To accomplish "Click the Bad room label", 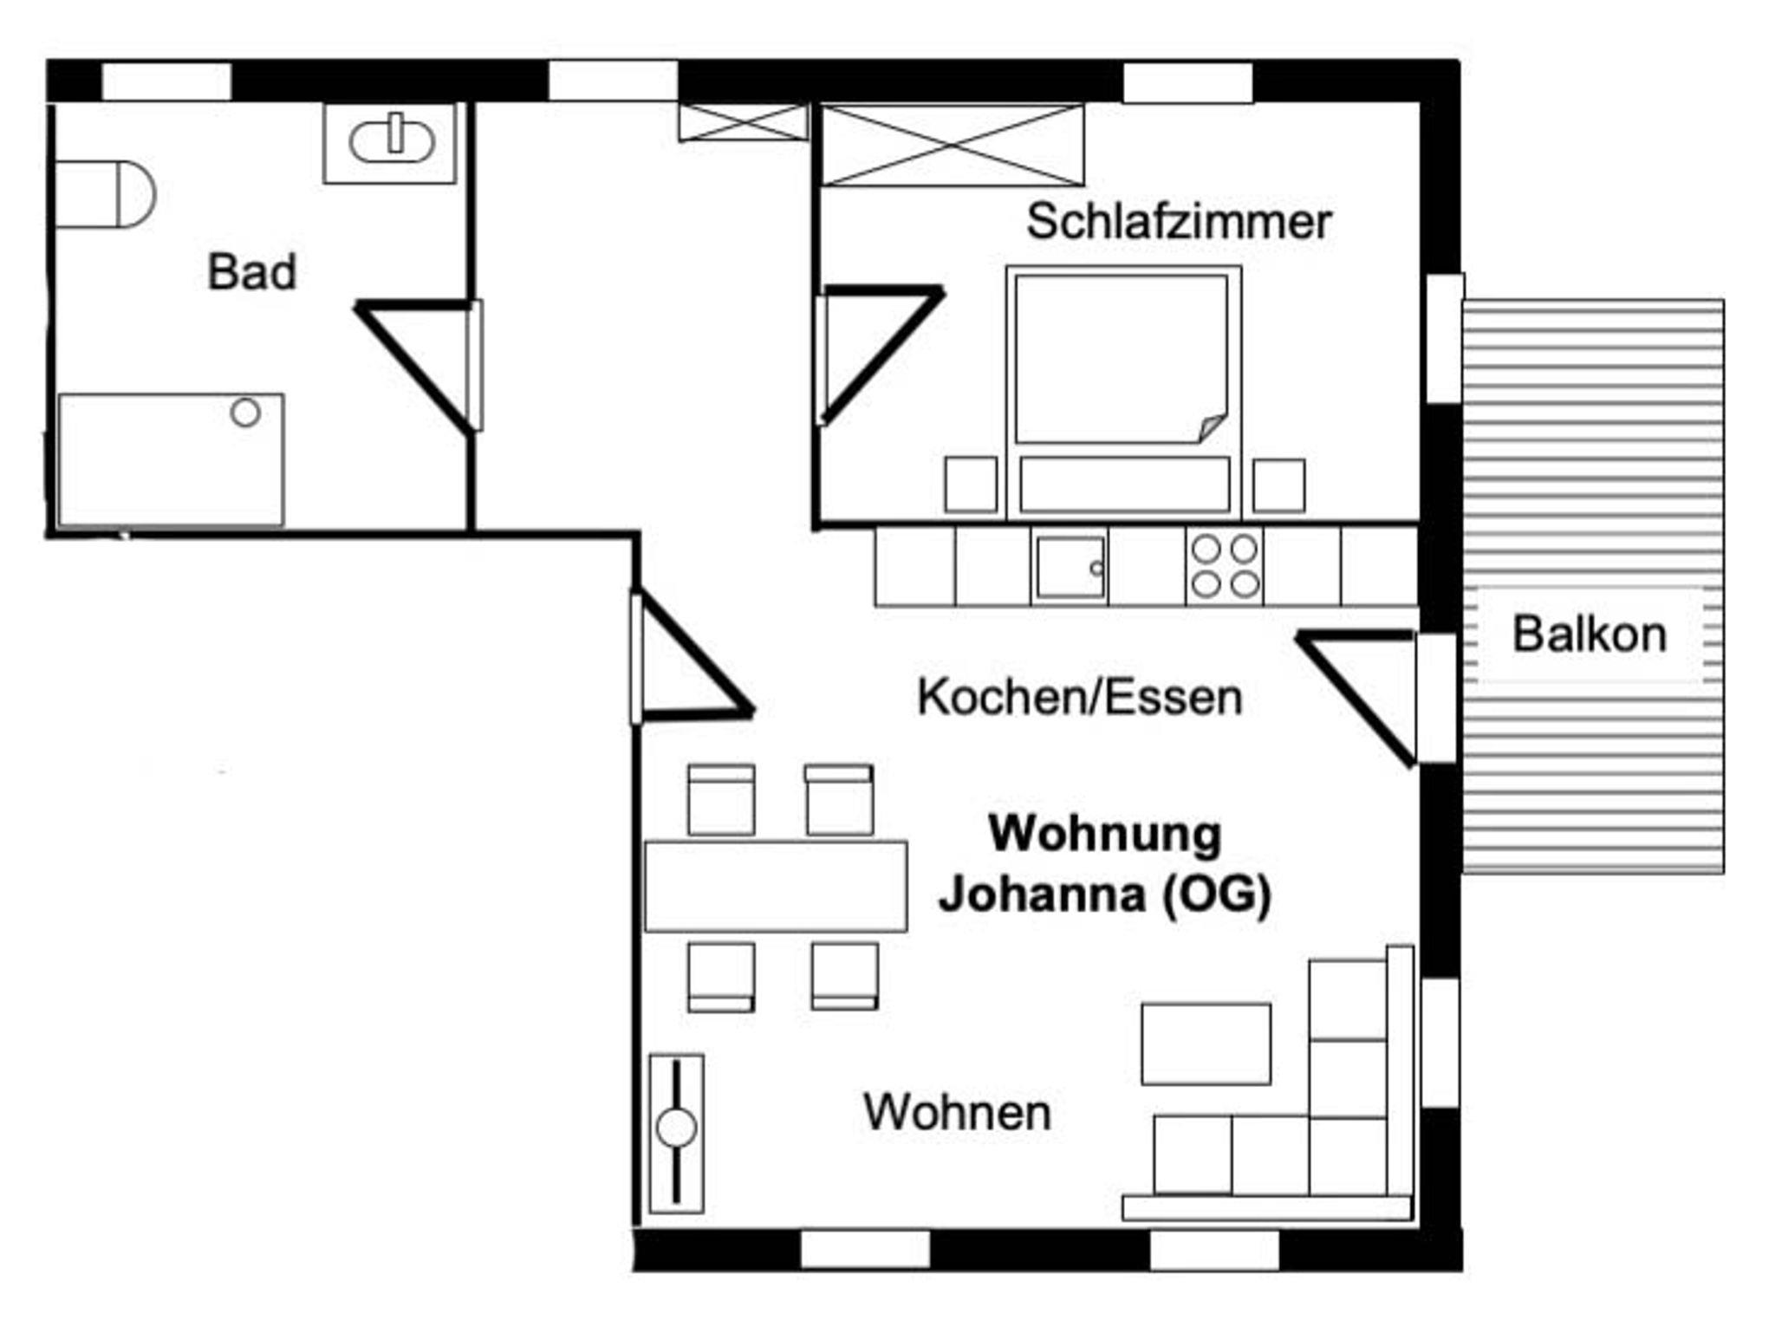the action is [x=251, y=271].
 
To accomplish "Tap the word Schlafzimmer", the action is [x=1179, y=222].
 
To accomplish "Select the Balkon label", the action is [x=1590, y=634].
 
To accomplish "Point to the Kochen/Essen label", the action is [x=1080, y=698].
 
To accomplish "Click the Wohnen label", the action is [x=957, y=1112].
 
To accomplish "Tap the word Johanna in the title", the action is [x=1042, y=894].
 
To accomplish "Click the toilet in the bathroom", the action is [x=104, y=194].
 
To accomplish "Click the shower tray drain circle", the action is [x=245, y=413].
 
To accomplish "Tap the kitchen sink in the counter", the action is [x=1070, y=568].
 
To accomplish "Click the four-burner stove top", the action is [x=1225, y=567].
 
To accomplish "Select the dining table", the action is [x=776, y=886].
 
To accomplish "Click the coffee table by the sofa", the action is [x=1206, y=1044].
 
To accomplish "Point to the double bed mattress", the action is [x=1122, y=359].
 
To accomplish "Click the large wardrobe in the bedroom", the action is [x=953, y=145].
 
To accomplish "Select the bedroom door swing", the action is [x=877, y=354].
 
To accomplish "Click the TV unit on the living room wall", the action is [x=676, y=1133].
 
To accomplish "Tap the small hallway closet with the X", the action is [x=743, y=122].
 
